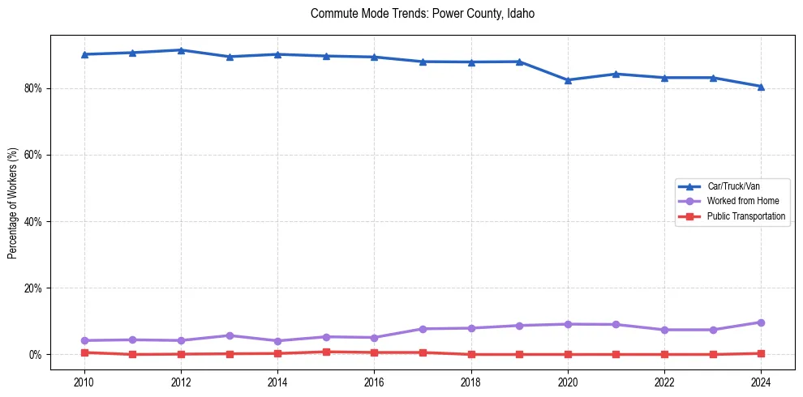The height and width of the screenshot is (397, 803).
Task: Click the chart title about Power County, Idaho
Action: [x=423, y=14]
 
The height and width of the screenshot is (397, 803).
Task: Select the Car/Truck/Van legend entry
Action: [x=733, y=186]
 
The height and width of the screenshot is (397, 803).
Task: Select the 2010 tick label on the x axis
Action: [x=84, y=382]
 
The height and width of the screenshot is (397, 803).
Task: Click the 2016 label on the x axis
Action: [x=374, y=382]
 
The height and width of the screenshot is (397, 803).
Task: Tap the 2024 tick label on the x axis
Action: [x=761, y=382]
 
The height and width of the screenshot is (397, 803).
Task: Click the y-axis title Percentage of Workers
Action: [x=13, y=203]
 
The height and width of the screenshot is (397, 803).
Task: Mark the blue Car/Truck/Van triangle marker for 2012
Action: [x=181, y=50]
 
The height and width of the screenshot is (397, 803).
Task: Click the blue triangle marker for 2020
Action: [x=568, y=80]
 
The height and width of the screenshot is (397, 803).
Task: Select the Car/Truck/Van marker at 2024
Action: [x=761, y=87]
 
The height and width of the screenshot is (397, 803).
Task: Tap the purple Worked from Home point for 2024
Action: [x=761, y=322]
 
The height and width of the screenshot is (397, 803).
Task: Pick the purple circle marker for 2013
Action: [x=230, y=335]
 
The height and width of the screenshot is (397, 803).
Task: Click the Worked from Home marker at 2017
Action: [x=423, y=329]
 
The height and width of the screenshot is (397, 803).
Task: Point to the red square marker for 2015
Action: [x=326, y=352]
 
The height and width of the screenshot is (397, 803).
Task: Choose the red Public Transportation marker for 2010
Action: [x=84, y=352]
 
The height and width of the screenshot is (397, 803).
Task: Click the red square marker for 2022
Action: [x=664, y=354]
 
